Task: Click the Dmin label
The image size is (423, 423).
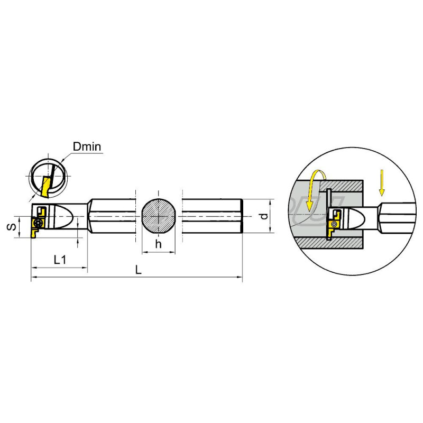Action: coord(87,147)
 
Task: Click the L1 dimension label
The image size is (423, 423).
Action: coord(60,260)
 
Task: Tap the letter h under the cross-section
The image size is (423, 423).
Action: coord(158,244)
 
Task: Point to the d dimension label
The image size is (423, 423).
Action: coord(264,216)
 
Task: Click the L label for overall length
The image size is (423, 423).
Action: coord(138,270)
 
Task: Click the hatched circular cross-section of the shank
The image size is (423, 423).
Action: coord(159,216)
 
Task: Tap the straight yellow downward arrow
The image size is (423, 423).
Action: coord(382,182)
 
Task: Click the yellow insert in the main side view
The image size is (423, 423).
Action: coord(36,228)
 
